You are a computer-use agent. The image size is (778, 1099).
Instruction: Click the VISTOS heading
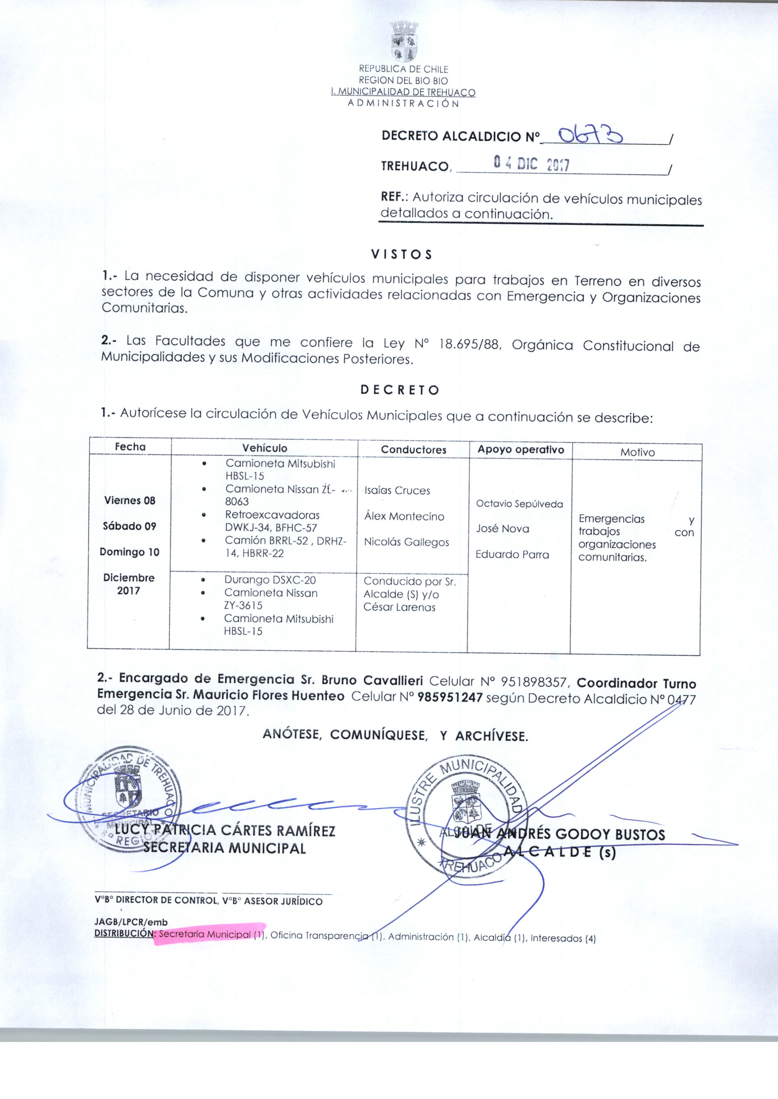(402, 254)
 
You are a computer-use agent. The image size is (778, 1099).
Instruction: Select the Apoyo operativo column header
(521, 450)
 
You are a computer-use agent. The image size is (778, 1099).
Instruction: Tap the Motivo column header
(637, 452)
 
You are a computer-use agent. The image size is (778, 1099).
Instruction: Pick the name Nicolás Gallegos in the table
(406, 542)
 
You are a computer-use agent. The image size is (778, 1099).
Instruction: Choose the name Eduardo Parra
(512, 555)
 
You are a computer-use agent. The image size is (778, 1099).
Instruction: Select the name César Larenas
(399, 607)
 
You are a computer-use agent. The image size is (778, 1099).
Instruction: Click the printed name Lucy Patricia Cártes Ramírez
(225, 830)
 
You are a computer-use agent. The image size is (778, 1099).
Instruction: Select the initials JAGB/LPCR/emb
(131, 922)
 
